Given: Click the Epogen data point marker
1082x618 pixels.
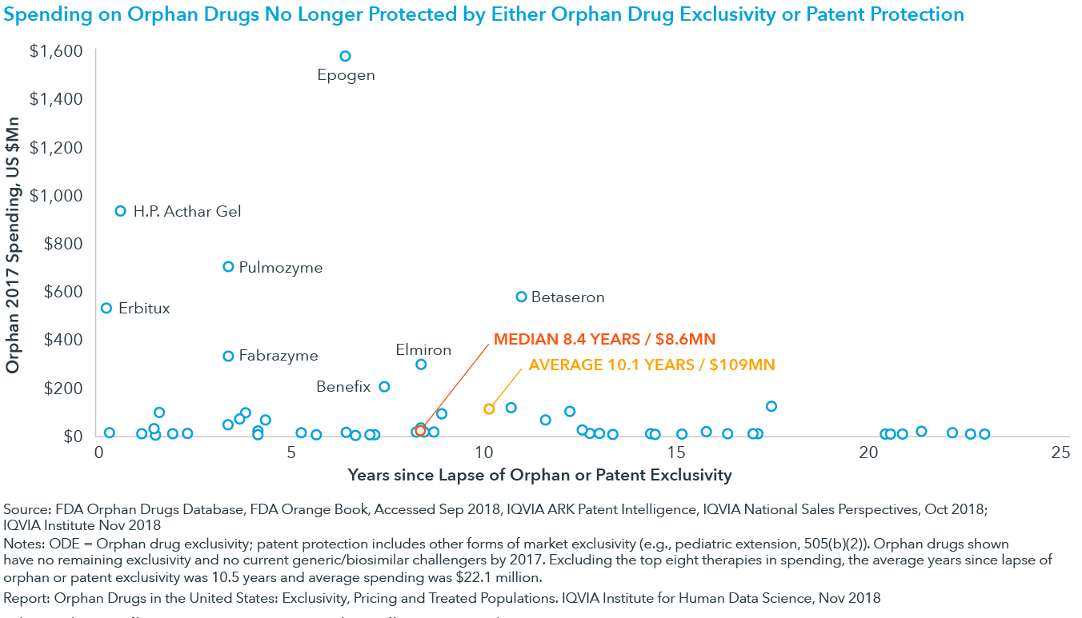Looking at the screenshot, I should (345, 56).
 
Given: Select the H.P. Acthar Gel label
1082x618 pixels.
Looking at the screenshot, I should (186, 212).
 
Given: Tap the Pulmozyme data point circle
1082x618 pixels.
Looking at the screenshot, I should (228, 267).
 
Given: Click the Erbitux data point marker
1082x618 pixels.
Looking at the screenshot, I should (106, 308).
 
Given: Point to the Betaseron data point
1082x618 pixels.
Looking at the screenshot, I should (522, 297).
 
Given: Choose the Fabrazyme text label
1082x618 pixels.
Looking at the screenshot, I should (278, 356).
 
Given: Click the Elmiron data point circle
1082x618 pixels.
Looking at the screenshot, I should (421, 365).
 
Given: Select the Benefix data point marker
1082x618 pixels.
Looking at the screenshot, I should (384, 387).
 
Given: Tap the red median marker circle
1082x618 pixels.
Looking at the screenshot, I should (421, 431).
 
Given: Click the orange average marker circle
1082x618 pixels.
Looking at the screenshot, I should (489, 409).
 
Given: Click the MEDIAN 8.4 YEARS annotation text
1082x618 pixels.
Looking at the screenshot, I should (604, 339).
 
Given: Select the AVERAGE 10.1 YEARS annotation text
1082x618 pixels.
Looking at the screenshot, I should (651, 365).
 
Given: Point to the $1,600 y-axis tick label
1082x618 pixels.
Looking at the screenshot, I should (56, 51).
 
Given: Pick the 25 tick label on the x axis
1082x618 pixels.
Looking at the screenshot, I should (1060, 453).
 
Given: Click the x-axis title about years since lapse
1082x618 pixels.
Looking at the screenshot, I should (539, 475).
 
